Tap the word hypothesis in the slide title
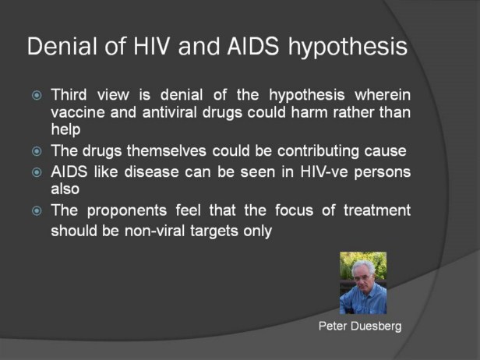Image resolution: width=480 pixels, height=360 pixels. [x=348, y=48]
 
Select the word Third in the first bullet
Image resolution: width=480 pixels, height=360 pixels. [x=69, y=94]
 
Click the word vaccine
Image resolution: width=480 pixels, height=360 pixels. [x=78, y=112]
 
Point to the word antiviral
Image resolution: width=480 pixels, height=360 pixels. [x=169, y=112]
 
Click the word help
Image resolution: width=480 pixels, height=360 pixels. [x=65, y=129]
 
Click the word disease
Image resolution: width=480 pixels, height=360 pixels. [x=151, y=171]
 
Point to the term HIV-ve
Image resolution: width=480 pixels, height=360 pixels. [x=324, y=171]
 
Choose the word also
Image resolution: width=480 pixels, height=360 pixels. [x=65, y=189]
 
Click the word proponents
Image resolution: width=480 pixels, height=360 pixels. [x=127, y=211]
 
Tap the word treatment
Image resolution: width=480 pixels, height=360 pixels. [x=377, y=210]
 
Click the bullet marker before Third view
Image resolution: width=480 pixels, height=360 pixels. [x=37, y=96]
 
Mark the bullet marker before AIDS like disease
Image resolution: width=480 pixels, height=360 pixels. [x=37, y=173]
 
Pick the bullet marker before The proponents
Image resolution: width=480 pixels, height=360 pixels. [x=37, y=211]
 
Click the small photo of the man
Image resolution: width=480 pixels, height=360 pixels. [x=363, y=283]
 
